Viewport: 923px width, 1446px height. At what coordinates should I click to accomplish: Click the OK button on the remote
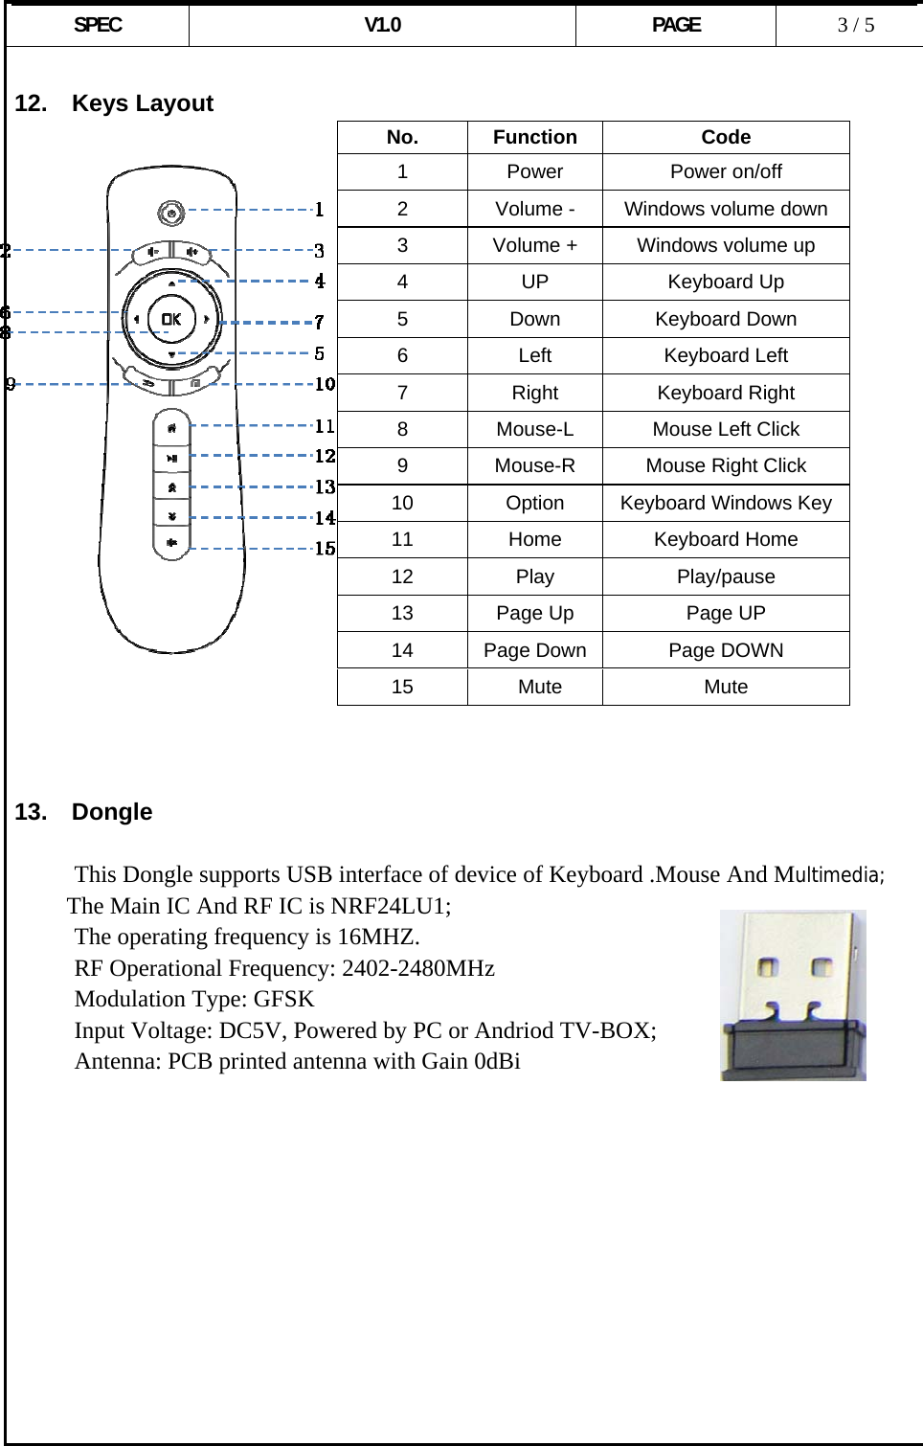click(171, 319)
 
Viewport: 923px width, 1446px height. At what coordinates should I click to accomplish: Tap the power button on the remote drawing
click(171, 213)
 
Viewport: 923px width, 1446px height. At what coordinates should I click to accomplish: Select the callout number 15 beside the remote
click(326, 549)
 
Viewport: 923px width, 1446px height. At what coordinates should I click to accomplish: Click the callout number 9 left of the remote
click(11, 384)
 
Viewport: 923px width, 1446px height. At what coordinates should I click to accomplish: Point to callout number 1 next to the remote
click(320, 210)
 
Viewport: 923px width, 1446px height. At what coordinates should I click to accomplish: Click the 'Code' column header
click(726, 137)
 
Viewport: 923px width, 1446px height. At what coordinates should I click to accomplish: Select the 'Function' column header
click(534, 137)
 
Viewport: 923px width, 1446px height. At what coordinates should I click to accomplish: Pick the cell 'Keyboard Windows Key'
click(726, 503)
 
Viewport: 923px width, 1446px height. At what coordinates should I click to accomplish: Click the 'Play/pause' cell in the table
click(726, 576)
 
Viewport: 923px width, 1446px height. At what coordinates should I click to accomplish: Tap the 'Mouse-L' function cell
click(534, 429)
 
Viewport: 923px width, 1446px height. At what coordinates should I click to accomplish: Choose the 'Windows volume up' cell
click(726, 245)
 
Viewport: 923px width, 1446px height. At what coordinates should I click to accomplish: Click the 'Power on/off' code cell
click(726, 171)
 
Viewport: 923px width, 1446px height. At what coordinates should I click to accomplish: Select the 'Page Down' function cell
click(534, 650)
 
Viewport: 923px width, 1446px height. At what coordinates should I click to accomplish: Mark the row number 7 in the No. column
click(402, 393)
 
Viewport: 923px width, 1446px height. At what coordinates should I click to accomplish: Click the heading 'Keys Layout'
click(142, 103)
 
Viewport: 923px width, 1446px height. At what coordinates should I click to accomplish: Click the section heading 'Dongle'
click(112, 812)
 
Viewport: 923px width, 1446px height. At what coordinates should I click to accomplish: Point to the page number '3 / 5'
click(856, 26)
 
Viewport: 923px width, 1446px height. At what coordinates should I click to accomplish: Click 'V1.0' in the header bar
click(382, 26)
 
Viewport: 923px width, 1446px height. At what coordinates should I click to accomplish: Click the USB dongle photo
click(793, 996)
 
